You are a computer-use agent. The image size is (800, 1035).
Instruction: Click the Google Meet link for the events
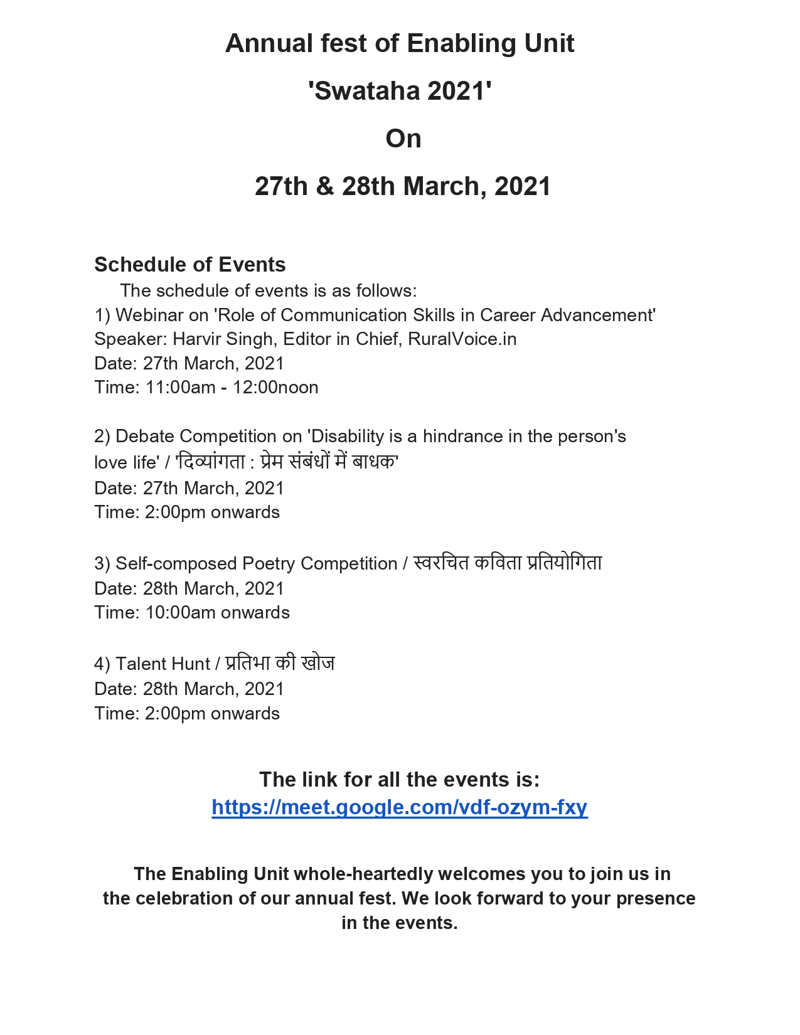pyautogui.click(x=399, y=807)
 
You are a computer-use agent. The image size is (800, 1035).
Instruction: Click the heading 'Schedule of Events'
pyautogui.click(x=189, y=265)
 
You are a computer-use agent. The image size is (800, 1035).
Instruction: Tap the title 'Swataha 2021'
pyautogui.click(x=400, y=91)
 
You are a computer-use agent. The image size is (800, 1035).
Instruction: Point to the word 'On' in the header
pyautogui.click(x=403, y=139)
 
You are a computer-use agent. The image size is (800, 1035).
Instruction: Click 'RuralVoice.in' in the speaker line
pyautogui.click(x=462, y=339)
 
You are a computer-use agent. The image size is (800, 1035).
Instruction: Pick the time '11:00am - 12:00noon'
pyautogui.click(x=232, y=388)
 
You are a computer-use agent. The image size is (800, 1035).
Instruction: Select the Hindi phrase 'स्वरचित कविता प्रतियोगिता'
pyautogui.click(x=508, y=563)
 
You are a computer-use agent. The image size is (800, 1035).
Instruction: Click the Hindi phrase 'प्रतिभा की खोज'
pyautogui.click(x=280, y=664)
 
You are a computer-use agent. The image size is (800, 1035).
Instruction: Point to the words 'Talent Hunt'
pyautogui.click(x=163, y=664)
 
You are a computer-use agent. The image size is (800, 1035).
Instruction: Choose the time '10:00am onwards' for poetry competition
pyautogui.click(x=217, y=613)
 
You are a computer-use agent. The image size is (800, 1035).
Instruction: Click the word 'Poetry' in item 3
pyautogui.click(x=269, y=564)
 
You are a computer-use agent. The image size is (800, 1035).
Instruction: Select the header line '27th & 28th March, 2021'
pyautogui.click(x=402, y=186)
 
